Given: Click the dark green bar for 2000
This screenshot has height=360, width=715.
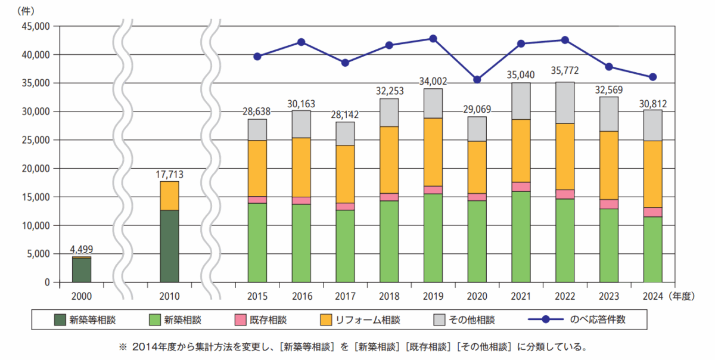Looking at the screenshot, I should (x=82, y=270).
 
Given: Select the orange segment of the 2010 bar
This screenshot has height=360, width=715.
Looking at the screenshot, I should (x=170, y=196).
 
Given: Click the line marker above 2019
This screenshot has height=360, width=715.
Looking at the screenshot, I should (x=433, y=39).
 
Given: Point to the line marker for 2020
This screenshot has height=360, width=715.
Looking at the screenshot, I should (x=477, y=80).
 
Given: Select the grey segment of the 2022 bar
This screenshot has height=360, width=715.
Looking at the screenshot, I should (x=565, y=103).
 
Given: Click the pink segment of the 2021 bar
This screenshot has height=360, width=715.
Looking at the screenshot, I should (x=521, y=187).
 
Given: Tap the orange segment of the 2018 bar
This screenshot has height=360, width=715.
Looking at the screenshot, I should (x=389, y=160).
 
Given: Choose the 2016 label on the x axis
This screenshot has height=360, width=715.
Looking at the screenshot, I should (x=301, y=295).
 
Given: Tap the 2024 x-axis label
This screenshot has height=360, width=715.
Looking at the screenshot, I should (x=653, y=295).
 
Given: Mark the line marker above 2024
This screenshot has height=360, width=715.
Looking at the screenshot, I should (x=653, y=77).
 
